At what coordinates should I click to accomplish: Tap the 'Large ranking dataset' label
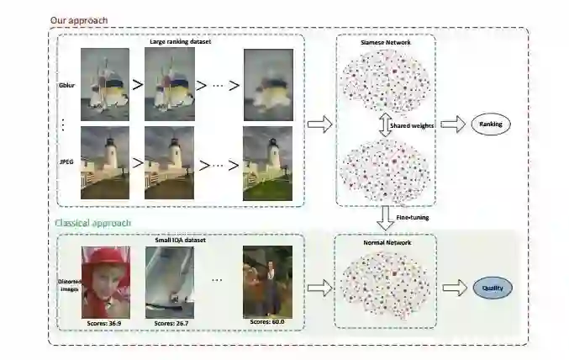tap(179, 40)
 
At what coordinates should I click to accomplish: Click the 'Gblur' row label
tap(66, 85)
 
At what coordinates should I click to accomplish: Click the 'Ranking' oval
tap(490, 124)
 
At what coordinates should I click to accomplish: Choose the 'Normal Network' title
tap(385, 242)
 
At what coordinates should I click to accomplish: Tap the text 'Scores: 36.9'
tap(105, 322)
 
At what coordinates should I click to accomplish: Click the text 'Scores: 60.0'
tap(267, 322)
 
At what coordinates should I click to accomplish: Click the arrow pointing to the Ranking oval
tap(452, 124)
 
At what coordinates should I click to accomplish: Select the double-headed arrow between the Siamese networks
tap(384, 125)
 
